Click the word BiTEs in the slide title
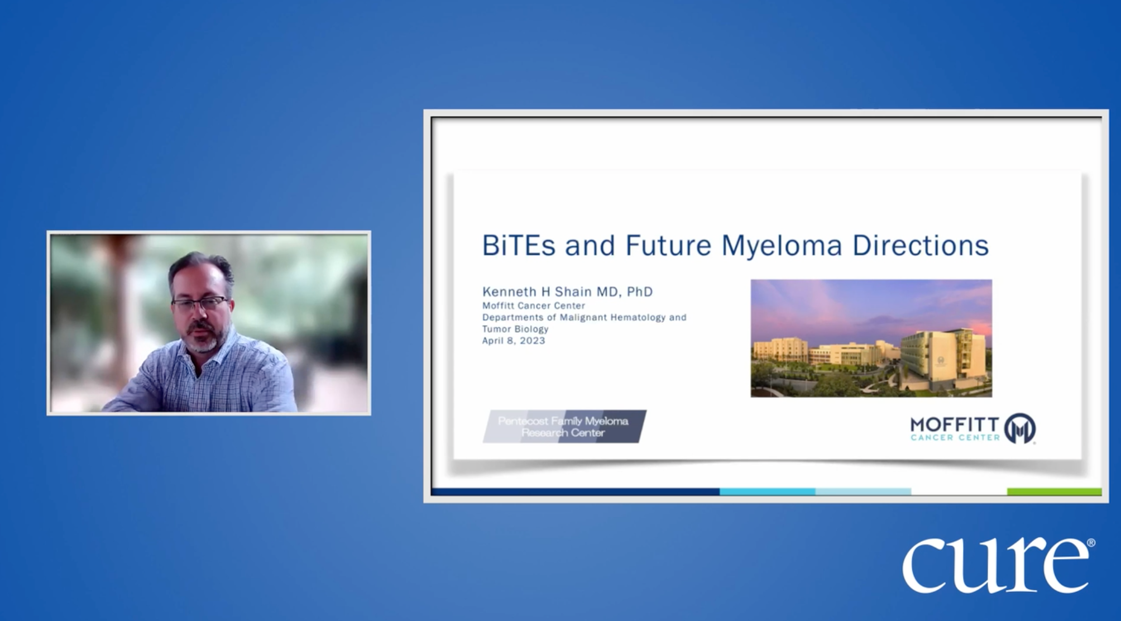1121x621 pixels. tap(519, 245)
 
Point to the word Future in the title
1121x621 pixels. tap(668, 245)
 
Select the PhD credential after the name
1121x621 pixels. tap(640, 292)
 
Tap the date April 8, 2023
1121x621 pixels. tap(514, 341)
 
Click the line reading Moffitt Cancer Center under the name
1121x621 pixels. tap(534, 305)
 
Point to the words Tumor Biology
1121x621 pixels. tap(515, 329)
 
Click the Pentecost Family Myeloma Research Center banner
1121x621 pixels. tap(564, 427)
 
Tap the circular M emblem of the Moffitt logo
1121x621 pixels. tap(1020, 428)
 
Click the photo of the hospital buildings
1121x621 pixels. tap(871, 338)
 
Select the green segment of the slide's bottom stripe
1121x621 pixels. tap(1054, 492)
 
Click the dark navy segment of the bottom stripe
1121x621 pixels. tap(576, 492)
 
